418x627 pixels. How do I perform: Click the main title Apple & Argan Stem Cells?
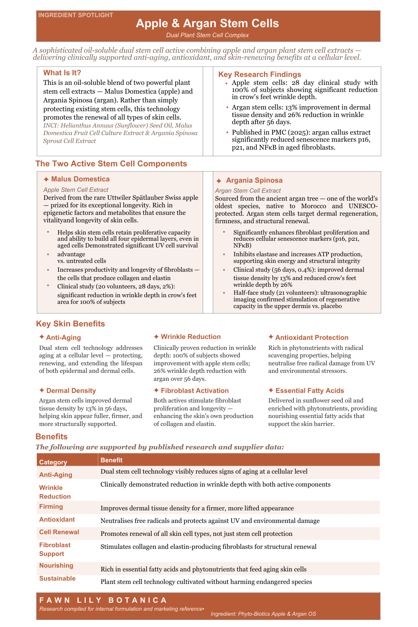click(207, 23)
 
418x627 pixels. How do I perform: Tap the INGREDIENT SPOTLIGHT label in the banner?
click(76, 15)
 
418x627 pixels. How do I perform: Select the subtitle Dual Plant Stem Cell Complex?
click(207, 35)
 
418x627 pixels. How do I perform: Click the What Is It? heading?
click(62, 73)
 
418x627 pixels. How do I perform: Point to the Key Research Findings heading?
click(260, 74)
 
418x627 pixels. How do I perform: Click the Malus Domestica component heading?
click(80, 179)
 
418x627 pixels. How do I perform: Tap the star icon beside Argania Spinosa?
click(219, 181)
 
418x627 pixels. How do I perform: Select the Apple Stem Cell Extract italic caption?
click(76, 190)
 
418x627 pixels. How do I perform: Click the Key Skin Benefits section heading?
click(70, 324)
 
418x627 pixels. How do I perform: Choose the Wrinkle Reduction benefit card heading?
click(191, 337)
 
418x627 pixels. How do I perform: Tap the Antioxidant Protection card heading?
click(312, 338)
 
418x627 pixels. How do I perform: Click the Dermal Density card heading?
click(71, 391)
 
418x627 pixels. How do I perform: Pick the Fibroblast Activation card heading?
click(195, 391)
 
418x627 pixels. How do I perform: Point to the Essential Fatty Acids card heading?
click(310, 391)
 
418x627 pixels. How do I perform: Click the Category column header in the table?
click(53, 462)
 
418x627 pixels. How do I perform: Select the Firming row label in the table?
click(51, 507)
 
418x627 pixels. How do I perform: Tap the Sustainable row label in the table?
click(57, 579)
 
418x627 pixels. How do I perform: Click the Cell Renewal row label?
click(59, 532)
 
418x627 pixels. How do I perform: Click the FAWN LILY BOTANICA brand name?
click(103, 600)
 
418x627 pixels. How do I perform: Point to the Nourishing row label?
click(56, 566)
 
